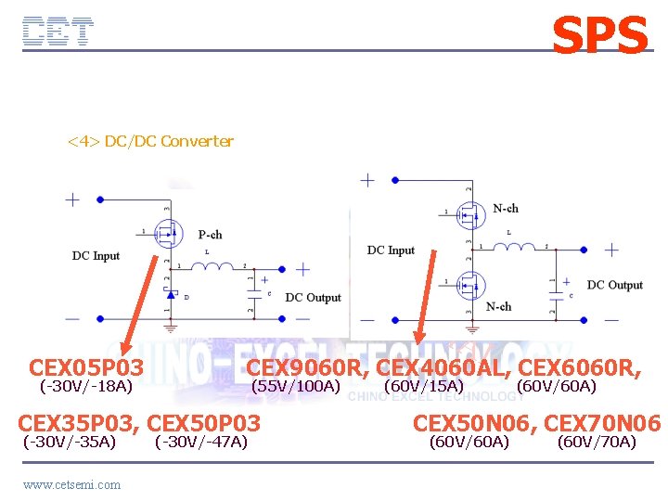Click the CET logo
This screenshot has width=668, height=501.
click(58, 32)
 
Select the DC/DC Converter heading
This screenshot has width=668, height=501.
click(149, 141)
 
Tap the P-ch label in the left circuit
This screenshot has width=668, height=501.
click(210, 235)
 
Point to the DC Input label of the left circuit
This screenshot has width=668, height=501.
click(96, 255)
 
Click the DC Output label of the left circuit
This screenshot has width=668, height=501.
click(313, 297)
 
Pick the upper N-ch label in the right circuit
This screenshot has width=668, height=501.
click(506, 208)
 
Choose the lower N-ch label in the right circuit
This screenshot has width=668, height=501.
click(498, 306)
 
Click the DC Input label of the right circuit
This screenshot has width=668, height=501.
click(391, 250)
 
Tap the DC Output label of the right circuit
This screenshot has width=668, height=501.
click(614, 285)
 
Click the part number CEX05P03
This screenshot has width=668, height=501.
click(86, 368)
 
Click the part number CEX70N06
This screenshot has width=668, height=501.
click(602, 423)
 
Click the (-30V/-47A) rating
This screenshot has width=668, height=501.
click(201, 442)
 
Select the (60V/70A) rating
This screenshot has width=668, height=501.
click(596, 442)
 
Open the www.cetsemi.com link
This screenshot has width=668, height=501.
click(71, 484)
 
